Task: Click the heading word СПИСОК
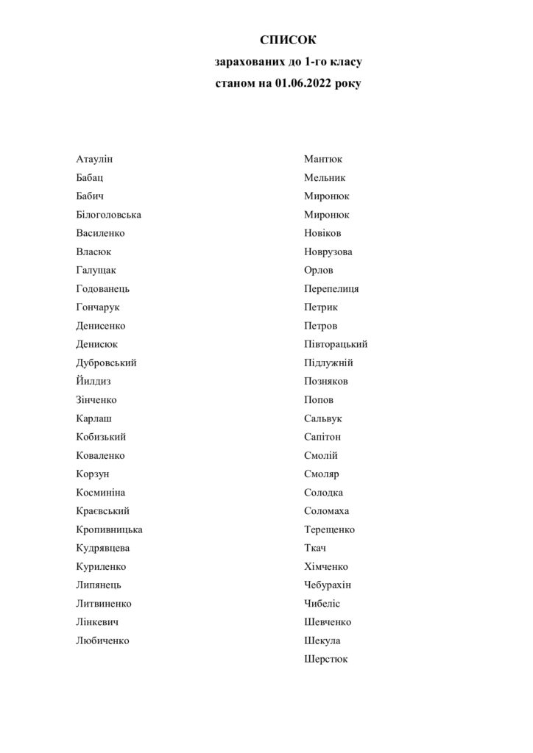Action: (x=287, y=40)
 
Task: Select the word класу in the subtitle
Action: (x=342, y=63)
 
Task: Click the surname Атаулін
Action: (x=94, y=159)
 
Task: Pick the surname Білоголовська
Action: (x=108, y=215)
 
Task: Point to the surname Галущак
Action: (x=96, y=270)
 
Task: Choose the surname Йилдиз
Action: (x=93, y=381)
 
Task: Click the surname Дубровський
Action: (x=106, y=363)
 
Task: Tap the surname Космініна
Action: (x=100, y=492)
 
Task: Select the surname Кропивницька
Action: (x=109, y=529)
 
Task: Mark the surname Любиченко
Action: (x=102, y=640)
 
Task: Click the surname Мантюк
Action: (x=323, y=159)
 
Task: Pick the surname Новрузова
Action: (x=328, y=251)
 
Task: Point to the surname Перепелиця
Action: (x=331, y=288)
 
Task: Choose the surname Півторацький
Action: (x=336, y=344)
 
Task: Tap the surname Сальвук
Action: (x=323, y=418)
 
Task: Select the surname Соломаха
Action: (x=327, y=511)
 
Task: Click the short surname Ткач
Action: (x=315, y=548)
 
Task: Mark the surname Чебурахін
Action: (x=328, y=585)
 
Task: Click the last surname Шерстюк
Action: (x=325, y=659)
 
